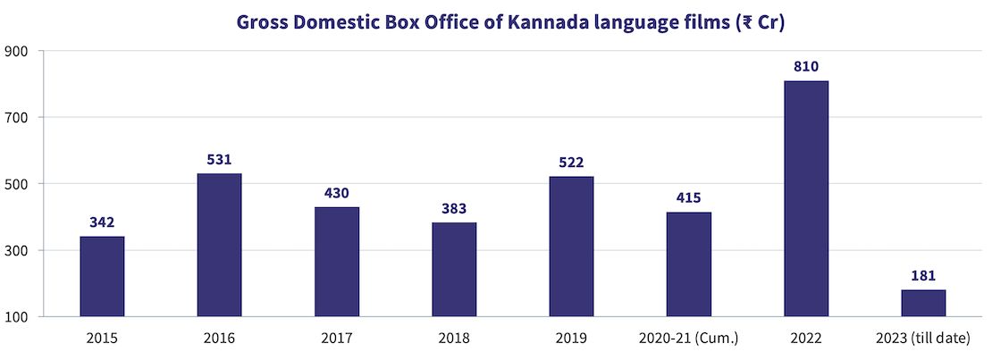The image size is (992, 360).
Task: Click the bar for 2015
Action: pos(102,276)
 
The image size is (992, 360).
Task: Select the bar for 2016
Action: pos(219,245)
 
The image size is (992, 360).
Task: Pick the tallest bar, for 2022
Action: pos(806,198)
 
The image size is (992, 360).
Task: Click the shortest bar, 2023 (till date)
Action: pos(923,303)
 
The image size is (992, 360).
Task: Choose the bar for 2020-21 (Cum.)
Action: pos(689,264)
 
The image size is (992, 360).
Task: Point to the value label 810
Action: pos(806,66)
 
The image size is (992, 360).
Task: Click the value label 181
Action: pos(923,275)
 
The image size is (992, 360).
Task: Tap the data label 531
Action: pos(219,159)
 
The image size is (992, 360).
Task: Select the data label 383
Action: pos(454,208)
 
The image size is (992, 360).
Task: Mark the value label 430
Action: pos(337,193)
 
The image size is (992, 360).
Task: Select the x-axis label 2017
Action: pos(337,339)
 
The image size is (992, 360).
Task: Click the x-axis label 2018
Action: pos(454,339)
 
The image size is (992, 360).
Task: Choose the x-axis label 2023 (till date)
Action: pos(923,339)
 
